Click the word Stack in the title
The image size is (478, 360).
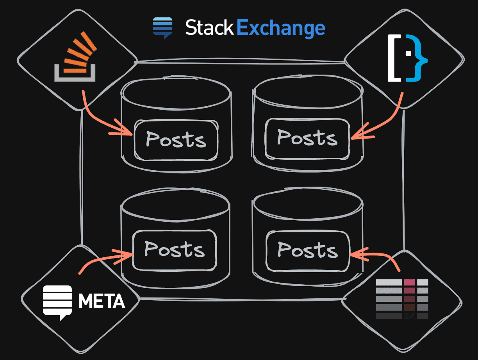pyautogui.click(x=209, y=28)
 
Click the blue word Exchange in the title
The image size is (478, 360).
pyautogui.click(x=280, y=29)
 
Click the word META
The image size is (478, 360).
pyautogui.click(x=102, y=301)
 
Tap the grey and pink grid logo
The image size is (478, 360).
pyautogui.click(x=402, y=299)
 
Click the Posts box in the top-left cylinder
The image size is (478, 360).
pyautogui.click(x=176, y=140)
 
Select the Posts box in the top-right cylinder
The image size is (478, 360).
pyautogui.click(x=307, y=139)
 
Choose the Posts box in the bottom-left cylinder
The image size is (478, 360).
pyautogui.click(x=175, y=250)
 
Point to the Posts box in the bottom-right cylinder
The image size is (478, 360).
pyautogui.click(x=308, y=250)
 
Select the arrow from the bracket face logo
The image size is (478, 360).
pyautogui.click(x=387, y=121)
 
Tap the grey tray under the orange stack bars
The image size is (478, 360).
pyautogui.click(x=75, y=76)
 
